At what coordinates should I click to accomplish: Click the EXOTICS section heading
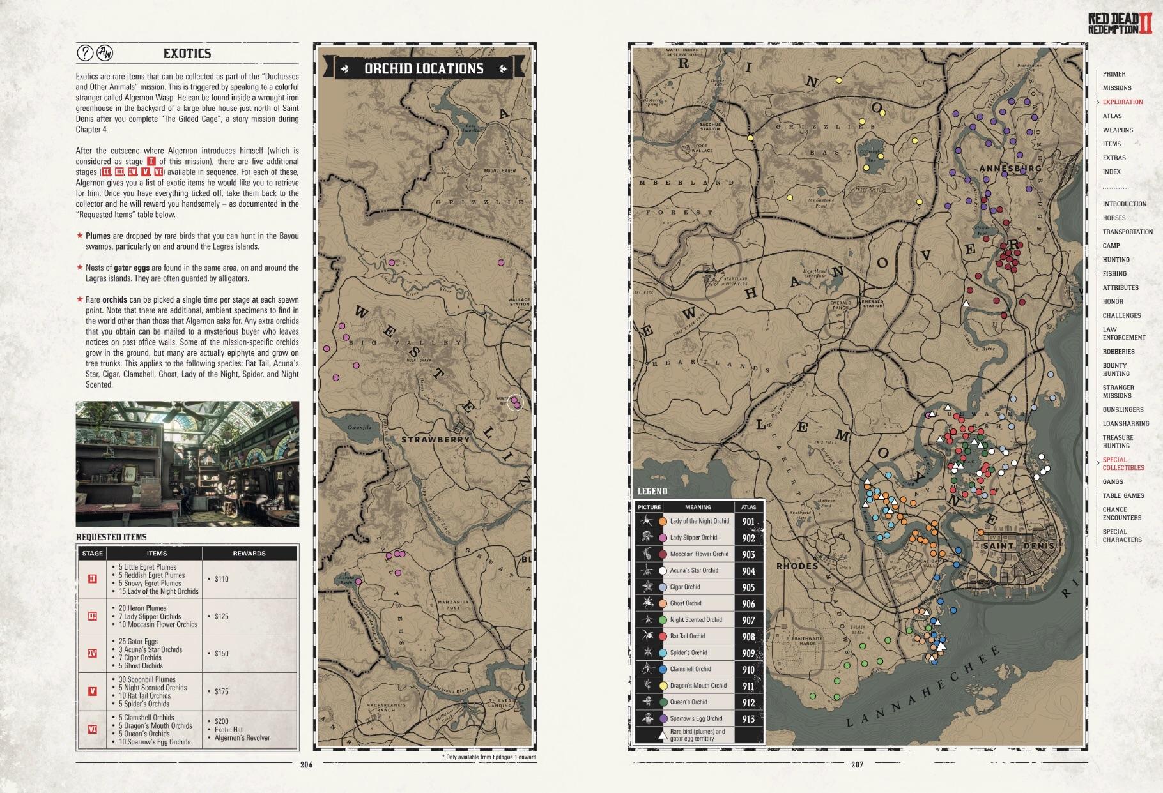coord(187,54)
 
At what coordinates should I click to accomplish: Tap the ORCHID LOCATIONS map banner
coord(424,68)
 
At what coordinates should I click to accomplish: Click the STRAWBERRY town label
coord(435,439)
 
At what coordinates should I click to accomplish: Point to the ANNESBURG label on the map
coord(1010,169)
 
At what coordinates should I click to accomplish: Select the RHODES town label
coord(797,566)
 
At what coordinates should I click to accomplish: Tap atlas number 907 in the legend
coord(748,620)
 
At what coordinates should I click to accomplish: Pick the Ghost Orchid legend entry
coord(685,603)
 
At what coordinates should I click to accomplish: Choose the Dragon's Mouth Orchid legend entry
coord(698,686)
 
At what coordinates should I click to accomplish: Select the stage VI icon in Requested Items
coord(93,729)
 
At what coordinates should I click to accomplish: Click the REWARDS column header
coord(249,554)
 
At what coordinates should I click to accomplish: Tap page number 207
coord(857,764)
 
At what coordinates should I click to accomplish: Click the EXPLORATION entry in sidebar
coord(1122,102)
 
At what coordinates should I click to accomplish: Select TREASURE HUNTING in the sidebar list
coord(1118,442)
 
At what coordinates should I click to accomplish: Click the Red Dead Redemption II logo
coord(1120,23)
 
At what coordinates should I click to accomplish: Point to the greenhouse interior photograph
coord(187,464)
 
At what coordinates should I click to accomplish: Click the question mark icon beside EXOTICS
coord(84,53)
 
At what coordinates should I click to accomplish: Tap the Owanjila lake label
coord(359,427)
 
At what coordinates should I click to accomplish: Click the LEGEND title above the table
coord(652,491)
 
